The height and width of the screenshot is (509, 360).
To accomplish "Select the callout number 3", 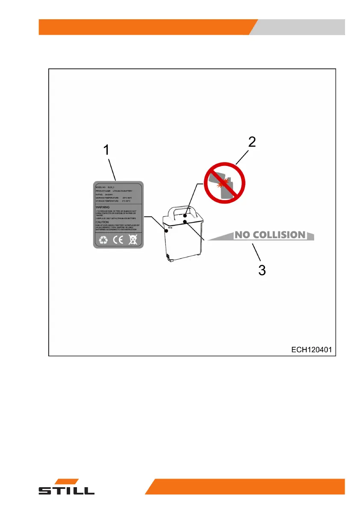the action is point(262,270).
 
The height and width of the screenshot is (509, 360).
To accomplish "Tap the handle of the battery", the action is point(185,210).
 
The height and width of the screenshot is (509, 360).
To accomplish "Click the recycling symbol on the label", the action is point(103,240).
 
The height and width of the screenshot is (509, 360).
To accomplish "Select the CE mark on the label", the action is point(118,240).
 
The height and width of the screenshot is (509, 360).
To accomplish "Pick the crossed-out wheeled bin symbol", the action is point(133,240).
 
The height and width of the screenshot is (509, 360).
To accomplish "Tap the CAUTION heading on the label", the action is point(102,222).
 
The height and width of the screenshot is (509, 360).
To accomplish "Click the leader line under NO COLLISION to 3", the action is point(257,254).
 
